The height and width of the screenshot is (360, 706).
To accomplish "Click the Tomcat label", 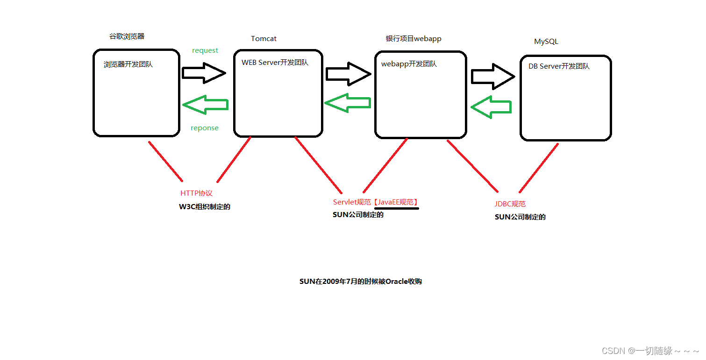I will pos(264,39).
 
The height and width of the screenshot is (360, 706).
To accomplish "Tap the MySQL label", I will pos(546,42).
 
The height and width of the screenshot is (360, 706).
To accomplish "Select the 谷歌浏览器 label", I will pos(127,36).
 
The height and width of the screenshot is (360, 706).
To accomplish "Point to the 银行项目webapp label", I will pos(414,39).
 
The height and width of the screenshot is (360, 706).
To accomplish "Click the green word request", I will pos(205,50).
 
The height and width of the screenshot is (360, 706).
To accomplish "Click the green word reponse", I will pos(205,128).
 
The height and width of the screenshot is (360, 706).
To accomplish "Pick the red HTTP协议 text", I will pos(196,193).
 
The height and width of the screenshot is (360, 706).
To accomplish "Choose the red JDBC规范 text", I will pos(510,204).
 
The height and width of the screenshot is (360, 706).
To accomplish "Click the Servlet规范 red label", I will pos(351,202).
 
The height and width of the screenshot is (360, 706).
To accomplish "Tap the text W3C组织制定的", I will pos(205,207).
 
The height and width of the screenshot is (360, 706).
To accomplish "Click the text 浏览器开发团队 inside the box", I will pos(128,64).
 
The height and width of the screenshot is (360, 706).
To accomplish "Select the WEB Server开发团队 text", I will pos(275,63).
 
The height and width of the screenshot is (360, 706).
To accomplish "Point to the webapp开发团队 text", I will pos(409,64).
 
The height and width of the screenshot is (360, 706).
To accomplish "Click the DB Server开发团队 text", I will pos(559,66).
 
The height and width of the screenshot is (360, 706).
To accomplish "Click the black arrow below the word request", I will pos(204,73).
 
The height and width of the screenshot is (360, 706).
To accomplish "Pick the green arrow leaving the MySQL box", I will pos(491,107).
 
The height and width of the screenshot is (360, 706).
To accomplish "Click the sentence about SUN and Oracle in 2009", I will pos(361,282).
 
